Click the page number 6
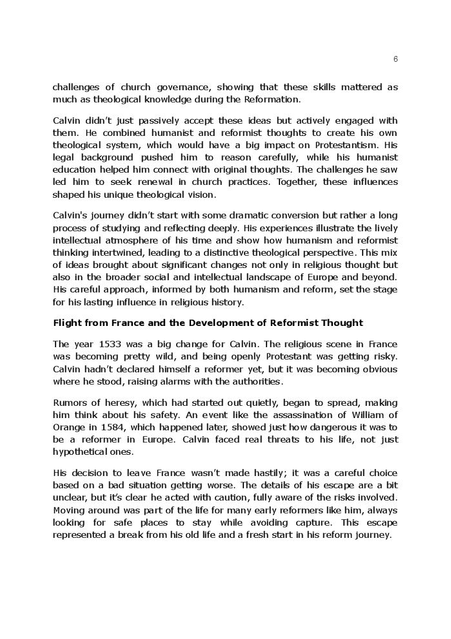[396, 59]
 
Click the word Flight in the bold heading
[66, 323]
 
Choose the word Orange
[69, 427]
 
